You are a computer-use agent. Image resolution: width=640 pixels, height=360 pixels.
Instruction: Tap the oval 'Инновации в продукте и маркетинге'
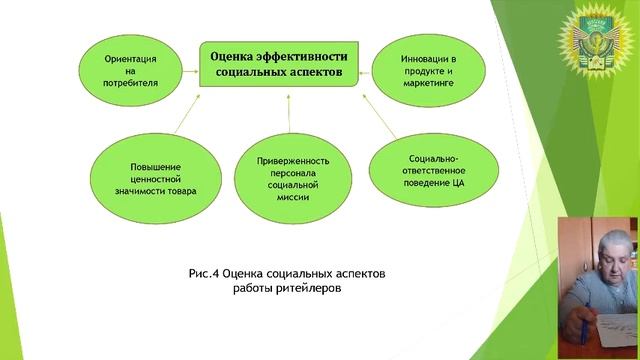tap(426, 66)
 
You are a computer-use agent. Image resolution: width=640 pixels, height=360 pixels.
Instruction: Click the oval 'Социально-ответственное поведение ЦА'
tap(431, 169)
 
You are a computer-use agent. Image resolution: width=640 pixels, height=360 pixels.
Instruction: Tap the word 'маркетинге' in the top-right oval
tap(427, 81)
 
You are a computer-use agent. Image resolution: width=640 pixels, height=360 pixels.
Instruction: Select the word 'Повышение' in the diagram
tap(148, 163)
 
